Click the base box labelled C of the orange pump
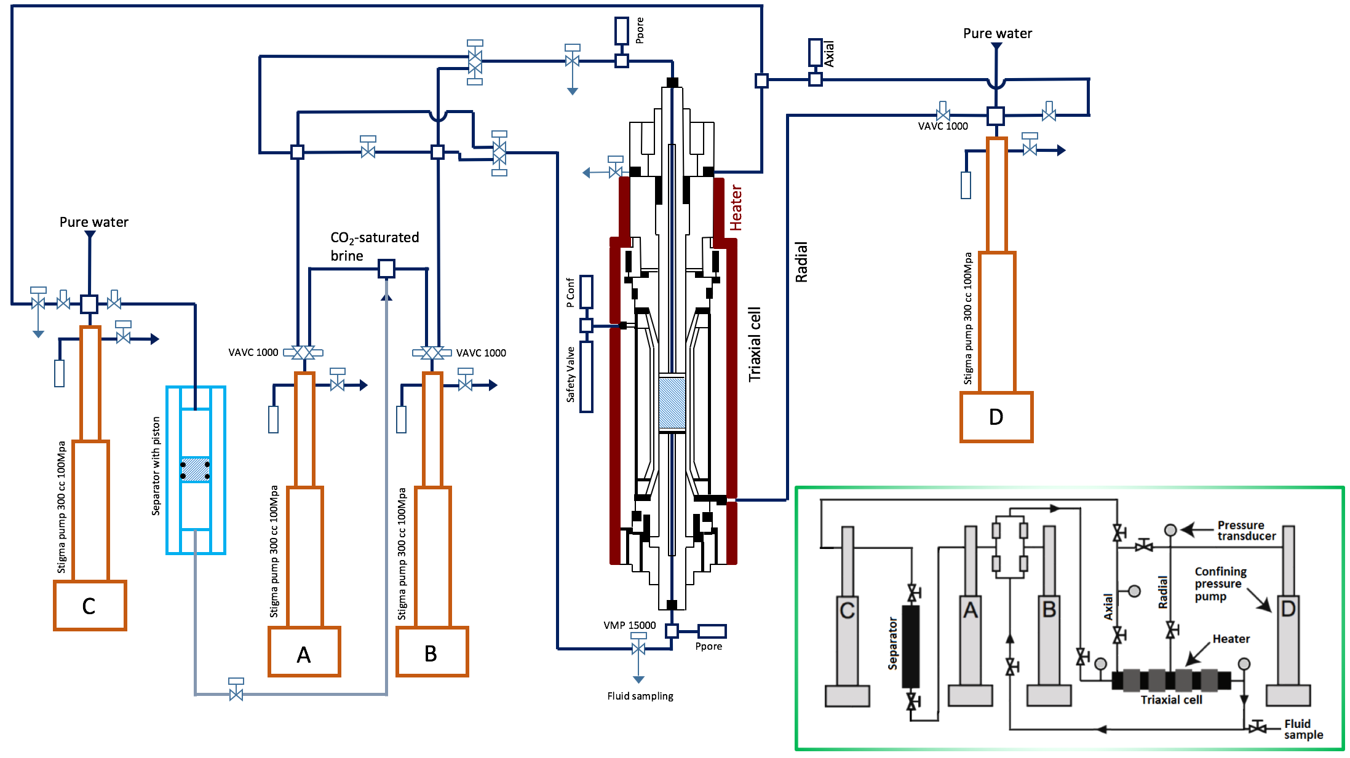(90, 606)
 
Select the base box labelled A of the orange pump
(304, 652)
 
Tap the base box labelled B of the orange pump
(432, 652)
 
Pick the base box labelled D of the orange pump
(996, 417)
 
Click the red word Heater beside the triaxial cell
(736, 208)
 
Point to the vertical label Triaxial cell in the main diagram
(755, 344)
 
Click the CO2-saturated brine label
(375, 246)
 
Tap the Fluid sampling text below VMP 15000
(640, 696)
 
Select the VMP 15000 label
(629, 625)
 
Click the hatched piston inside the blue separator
(196, 470)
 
